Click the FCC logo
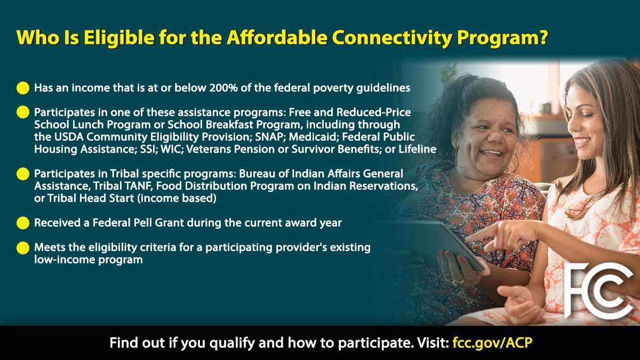click(x=598, y=291)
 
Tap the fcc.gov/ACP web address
click(x=493, y=342)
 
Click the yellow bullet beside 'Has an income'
click(x=23, y=88)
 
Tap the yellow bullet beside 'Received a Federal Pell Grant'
click(x=23, y=223)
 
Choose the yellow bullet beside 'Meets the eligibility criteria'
click(x=23, y=247)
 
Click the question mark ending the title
click(x=543, y=37)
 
